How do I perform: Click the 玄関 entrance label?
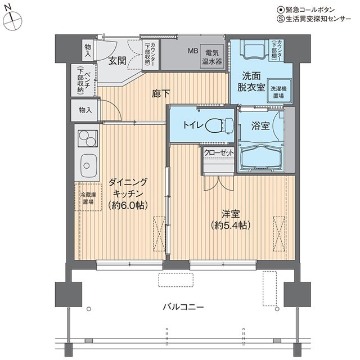click(x=118, y=61)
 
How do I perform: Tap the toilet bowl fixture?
click(x=220, y=126)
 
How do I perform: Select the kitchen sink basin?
click(x=88, y=165)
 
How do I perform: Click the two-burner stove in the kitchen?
click(x=88, y=138)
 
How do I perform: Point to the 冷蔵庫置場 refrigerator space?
click(x=88, y=197)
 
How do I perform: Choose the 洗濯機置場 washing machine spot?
click(x=278, y=92)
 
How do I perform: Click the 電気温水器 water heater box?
click(x=211, y=57)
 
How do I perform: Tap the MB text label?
click(x=193, y=51)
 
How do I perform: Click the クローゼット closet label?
click(x=219, y=152)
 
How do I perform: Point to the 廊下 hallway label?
click(x=161, y=93)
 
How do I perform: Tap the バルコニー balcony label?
click(x=183, y=307)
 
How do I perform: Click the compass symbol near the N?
click(x=13, y=21)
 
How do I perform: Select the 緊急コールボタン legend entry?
click(x=305, y=10)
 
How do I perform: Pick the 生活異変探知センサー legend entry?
click(x=314, y=19)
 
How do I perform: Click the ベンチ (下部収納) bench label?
click(x=84, y=80)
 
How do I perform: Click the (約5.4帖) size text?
click(x=230, y=225)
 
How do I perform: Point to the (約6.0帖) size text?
click(x=128, y=205)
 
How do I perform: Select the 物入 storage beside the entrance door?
click(x=88, y=50)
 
